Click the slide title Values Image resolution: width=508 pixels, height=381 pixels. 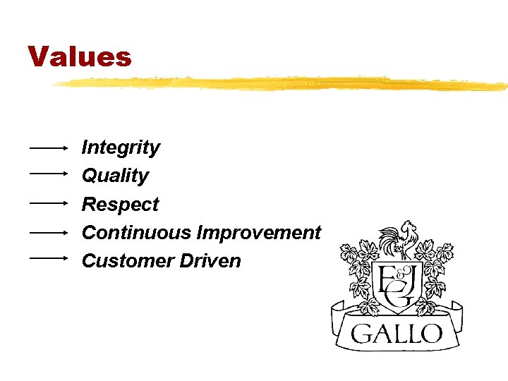[x=80, y=56]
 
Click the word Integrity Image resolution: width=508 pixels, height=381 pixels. [x=121, y=147]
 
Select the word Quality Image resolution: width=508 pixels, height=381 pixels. [x=115, y=176]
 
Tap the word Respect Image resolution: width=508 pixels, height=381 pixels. [x=120, y=204]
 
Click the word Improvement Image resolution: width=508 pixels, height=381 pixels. [x=259, y=232]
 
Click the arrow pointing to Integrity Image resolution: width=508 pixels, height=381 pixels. [x=48, y=148]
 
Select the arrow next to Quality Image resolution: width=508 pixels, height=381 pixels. [x=48, y=172]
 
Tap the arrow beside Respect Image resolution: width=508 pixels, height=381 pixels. [x=48, y=202]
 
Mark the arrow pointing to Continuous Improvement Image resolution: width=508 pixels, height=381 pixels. [x=48, y=231]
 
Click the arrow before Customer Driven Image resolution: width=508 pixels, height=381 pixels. [x=48, y=258]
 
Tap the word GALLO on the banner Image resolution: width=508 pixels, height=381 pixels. [x=397, y=333]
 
